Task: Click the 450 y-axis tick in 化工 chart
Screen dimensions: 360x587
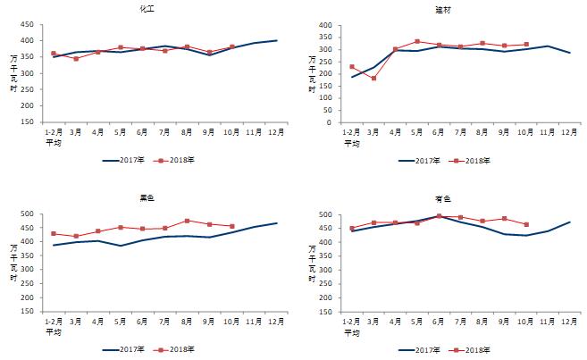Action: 27,25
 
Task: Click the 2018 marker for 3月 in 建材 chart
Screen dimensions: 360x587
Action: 373,79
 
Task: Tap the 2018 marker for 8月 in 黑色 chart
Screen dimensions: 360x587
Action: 186,221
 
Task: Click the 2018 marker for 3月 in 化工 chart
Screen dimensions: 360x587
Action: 76,59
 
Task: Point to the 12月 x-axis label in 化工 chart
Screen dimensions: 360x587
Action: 276,133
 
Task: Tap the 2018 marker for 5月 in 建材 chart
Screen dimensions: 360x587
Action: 417,41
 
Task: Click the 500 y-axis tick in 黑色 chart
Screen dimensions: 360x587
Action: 27,214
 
